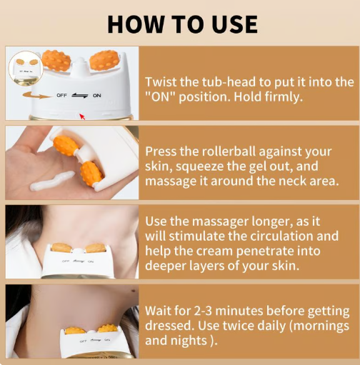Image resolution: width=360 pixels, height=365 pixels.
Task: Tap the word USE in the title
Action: click(229, 24)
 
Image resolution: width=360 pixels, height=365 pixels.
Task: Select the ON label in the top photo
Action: click(96, 95)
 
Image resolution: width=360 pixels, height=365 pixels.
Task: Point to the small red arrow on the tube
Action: click(82, 115)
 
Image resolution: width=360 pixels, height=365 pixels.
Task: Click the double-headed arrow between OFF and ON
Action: click(81, 94)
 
